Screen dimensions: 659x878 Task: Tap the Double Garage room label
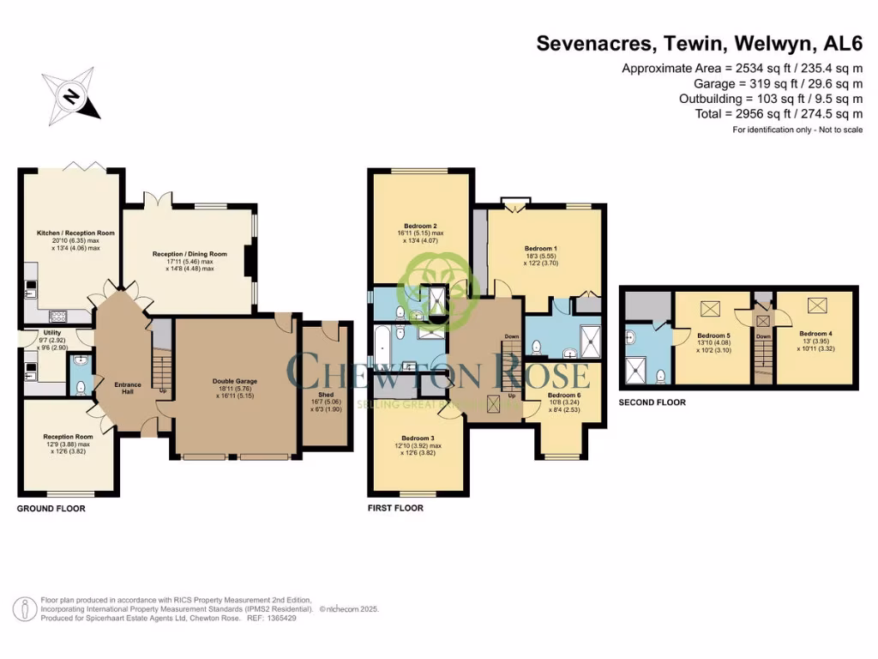point(235,381)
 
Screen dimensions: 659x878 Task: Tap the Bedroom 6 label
point(564,396)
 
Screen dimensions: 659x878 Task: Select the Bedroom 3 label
point(416,438)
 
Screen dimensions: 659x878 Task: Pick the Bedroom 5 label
point(713,336)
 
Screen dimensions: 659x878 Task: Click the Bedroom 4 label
point(815,333)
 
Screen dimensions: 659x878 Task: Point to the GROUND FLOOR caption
point(51,509)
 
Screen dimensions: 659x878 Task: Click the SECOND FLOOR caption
point(652,402)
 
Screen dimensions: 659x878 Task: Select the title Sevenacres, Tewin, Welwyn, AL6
point(700,43)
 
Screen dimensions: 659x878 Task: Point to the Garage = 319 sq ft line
point(779,83)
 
